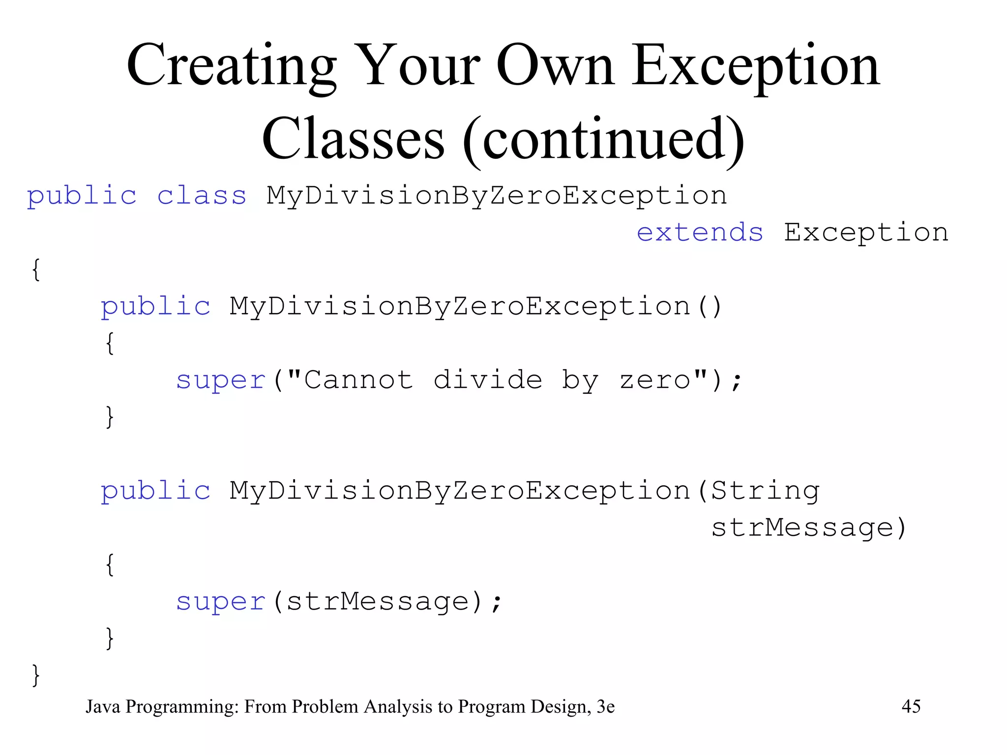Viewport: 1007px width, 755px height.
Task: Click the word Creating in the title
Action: point(231,66)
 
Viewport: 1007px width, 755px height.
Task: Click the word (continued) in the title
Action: point(604,140)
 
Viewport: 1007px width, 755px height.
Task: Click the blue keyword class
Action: point(202,196)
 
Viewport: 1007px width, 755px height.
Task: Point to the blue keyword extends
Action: point(700,232)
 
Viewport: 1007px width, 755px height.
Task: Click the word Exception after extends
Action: point(866,232)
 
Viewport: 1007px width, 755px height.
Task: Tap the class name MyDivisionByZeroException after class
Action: point(497,196)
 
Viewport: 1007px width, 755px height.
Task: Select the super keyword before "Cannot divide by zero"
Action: point(221,380)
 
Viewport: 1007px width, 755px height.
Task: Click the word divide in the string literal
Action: point(488,379)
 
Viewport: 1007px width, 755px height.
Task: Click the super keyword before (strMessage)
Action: point(221,602)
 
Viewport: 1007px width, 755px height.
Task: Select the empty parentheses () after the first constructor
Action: point(710,306)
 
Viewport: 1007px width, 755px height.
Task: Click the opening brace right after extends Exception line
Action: point(36,269)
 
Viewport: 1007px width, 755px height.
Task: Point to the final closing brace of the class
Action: point(36,675)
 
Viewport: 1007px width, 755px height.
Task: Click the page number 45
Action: point(911,706)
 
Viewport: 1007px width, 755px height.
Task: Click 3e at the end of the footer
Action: point(605,706)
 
